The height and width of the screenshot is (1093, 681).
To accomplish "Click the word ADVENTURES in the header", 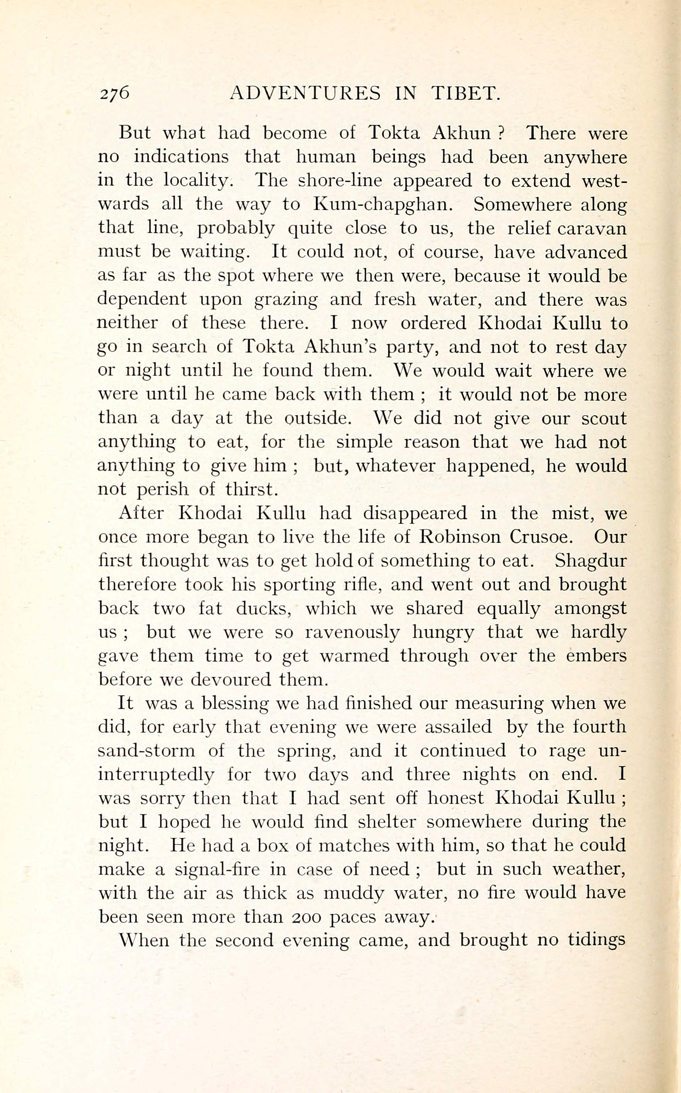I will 305,93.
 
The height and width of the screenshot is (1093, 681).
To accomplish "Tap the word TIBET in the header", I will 466,93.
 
